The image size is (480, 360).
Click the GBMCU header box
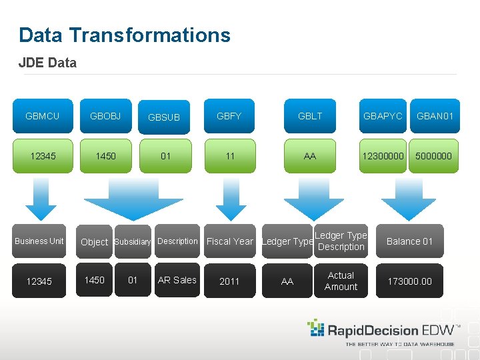[42, 116]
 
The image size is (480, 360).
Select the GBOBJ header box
[105, 116]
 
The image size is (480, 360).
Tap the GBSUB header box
[164, 117]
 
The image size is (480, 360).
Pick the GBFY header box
[229, 116]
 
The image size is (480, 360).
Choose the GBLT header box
[310, 116]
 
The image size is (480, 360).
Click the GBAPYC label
[383, 116]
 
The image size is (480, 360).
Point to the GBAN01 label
[435, 116]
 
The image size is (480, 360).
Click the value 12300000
[383, 156]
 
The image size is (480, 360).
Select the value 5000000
[433, 156]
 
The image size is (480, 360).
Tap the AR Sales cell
[177, 280]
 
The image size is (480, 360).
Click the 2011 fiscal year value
[229, 281]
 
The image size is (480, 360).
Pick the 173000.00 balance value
[410, 281]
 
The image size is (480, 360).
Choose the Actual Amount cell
[341, 281]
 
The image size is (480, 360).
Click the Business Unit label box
[39, 241]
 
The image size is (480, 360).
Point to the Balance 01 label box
[410, 241]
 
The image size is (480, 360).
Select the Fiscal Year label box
[230, 241]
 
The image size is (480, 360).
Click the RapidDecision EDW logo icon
[315, 327]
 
